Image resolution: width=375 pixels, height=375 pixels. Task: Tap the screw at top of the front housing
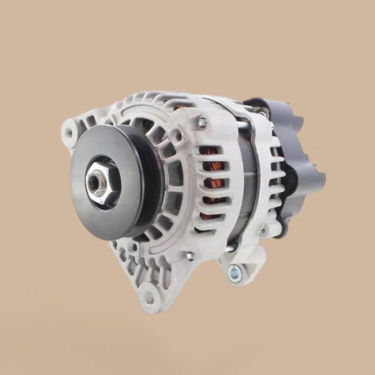coord(202,123)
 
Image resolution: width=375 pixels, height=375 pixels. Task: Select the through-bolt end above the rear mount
coord(230,248)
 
